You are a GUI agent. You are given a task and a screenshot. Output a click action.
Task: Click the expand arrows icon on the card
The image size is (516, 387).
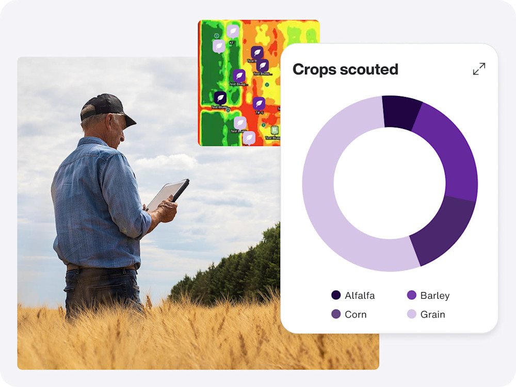479,69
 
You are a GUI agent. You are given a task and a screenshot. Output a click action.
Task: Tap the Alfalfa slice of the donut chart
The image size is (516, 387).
402,112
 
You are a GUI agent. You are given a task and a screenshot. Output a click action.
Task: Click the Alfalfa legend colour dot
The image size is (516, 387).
336,296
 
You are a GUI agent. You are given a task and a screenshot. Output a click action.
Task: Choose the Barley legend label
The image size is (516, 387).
434,296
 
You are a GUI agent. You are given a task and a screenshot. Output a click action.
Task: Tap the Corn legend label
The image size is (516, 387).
356,314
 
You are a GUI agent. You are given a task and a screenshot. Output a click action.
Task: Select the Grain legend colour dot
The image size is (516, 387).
412,314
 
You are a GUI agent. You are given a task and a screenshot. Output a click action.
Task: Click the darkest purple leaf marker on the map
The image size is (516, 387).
220,98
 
